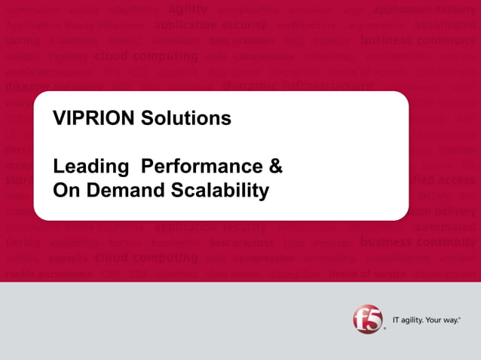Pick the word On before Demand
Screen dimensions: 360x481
pyautogui.click(x=64, y=191)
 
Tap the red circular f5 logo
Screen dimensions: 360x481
pyautogui.click(x=367, y=319)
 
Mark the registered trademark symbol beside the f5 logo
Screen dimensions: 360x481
pyautogui.click(x=384, y=329)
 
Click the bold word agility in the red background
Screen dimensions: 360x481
pyautogui.click(x=187, y=10)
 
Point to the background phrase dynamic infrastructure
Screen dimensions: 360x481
pyautogui.click(x=297, y=85)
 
